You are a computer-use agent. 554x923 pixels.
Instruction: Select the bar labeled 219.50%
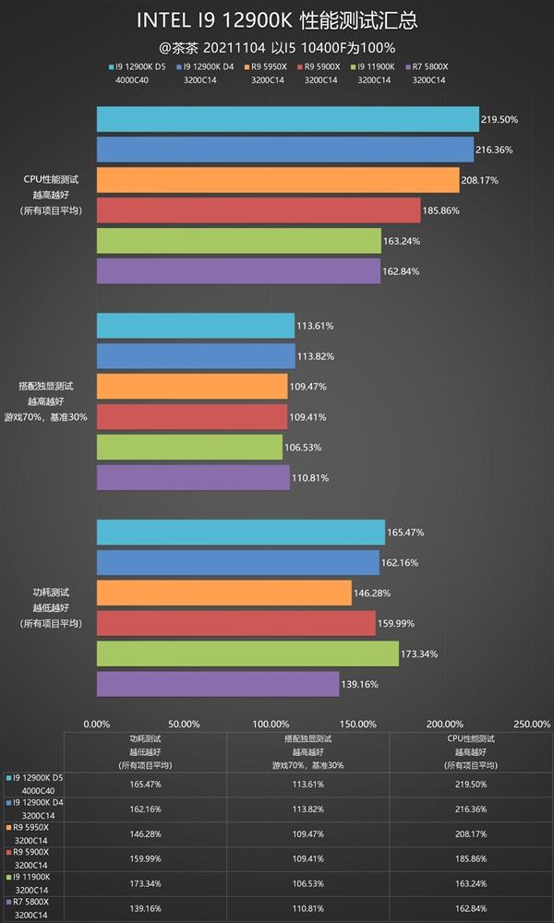click(287, 119)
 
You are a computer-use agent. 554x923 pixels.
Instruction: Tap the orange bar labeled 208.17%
click(277, 180)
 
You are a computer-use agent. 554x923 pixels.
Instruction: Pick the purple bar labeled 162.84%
click(238, 270)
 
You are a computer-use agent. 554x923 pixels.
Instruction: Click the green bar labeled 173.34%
click(247, 653)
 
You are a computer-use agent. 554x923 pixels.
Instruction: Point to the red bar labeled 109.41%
click(192, 416)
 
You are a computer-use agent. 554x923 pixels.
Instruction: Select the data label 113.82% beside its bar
click(315, 356)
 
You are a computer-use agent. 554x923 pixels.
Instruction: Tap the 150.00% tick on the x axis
click(357, 725)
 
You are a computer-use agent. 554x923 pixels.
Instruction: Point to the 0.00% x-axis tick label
click(97, 725)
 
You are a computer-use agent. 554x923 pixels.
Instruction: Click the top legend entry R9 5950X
click(269, 66)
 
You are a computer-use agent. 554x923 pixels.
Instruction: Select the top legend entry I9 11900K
click(375, 66)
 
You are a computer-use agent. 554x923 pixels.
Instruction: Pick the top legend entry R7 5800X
click(428, 66)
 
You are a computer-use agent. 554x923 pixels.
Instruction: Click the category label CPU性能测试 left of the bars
click(52, 180)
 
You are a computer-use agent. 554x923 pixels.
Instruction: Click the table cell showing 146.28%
click(143, 833)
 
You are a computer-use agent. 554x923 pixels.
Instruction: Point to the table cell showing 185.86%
click(471, 858)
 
